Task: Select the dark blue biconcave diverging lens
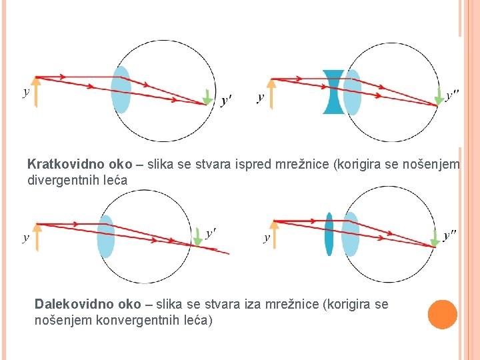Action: (333, 91)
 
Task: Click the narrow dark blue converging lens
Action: (329, 234)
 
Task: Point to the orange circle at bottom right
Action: (442, 315)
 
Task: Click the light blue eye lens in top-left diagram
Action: (121, 89)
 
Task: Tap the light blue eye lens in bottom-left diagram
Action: (106, 237)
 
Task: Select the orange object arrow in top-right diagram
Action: (271, 93)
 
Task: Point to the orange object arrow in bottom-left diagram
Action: (37, 236)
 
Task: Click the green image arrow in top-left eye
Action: (208, 97)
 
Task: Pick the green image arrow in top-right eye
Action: (439, 97)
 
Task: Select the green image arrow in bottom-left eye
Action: (197, 236)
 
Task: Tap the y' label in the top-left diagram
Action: (226, 101)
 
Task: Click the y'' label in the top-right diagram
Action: (452, 96)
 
